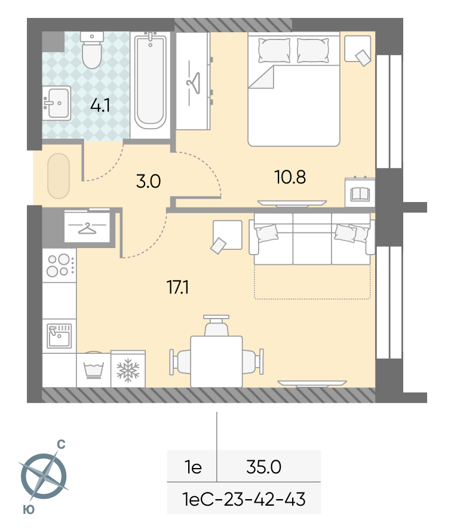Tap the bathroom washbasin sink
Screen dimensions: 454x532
(x=57, y=103)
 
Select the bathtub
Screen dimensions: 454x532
(x=150, y=81)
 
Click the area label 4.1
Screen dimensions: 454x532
(x=100, y=106)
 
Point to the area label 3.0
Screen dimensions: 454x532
(x=148, y=181)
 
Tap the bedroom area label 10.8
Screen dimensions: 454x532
(x=290, y=177)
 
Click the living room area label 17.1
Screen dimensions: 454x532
(x=177, y=287)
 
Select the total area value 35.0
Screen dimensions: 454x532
(x=264, y=467)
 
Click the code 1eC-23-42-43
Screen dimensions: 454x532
(x=244, y=499)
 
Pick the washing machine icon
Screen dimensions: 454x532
(x=94, y=370)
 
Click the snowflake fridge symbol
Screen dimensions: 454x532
(x=128, y=370)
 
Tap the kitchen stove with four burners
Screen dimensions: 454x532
(x=59, y=265)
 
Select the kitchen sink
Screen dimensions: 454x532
(x=59, y=336)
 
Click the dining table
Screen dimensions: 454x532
(x=216, y=362)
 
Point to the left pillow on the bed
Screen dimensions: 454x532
(x=274, y=51)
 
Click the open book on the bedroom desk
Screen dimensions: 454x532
(x=360, y=194)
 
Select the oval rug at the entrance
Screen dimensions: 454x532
(x=59, y=176)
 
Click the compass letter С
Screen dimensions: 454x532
(x=61, y=445)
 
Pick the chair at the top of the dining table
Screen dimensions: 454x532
(x=216, y=326)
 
